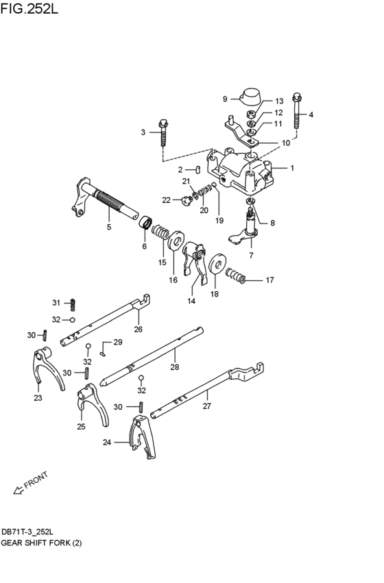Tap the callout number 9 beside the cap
(x=224, y=99)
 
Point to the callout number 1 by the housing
(x=292, y=167)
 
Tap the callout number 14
(x=190, y=301)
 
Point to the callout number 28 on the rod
(x=174, y=368)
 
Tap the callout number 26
(x=138, y=329)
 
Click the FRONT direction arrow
(x=27, y=488)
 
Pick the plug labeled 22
(x=184, y=201)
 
